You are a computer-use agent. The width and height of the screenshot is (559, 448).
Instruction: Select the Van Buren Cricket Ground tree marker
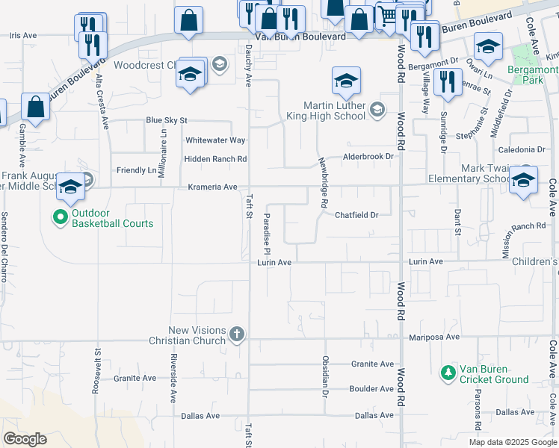[x=448, y=372]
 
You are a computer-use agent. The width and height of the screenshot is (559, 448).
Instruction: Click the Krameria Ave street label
[x=212, y=187]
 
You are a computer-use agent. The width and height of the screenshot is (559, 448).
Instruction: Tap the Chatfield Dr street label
[x=356, y=214]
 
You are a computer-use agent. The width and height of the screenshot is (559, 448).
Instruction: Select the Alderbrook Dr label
[x=367, y=157]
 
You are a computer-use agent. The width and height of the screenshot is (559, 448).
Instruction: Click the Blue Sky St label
[x=166, y=120]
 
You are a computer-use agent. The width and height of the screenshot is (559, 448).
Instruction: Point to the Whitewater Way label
[x=215, y=140]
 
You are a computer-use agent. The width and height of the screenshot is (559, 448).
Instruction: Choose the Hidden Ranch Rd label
[x=215, y=159]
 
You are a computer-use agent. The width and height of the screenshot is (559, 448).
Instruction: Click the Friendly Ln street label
[x=136, y=170]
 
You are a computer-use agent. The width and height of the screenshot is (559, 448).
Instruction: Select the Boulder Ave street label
[x=371, y=389]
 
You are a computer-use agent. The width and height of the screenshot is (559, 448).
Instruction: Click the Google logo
[x=25, y=439]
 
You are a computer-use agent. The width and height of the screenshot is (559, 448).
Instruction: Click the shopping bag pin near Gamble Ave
[x=36, y=107]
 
